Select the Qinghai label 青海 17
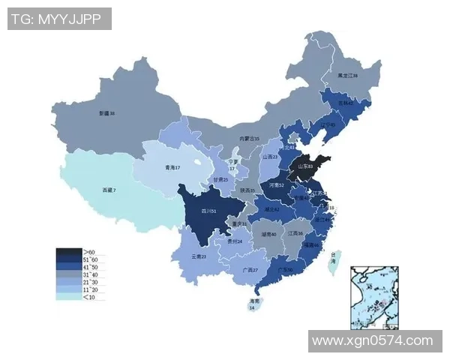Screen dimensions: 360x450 [172, 168]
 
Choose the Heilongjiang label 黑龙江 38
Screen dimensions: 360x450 [347, 76]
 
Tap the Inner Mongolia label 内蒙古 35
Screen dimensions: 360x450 [249, 139]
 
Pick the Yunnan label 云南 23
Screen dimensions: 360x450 [198, 256]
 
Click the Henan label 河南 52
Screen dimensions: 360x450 [276, 184]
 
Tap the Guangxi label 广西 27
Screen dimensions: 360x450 [250, 270]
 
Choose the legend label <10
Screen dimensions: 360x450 [89, 297]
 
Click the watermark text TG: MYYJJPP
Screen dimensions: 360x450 [59, 19]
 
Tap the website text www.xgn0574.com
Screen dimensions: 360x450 [372, 340]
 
